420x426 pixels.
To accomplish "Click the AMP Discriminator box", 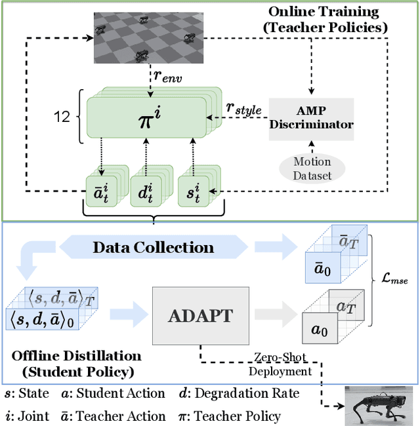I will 311,119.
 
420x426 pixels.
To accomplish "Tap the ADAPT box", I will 200,315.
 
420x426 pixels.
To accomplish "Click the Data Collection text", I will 153,247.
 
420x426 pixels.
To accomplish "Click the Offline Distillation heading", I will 76,362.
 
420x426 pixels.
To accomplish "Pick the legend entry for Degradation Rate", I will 238,393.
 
